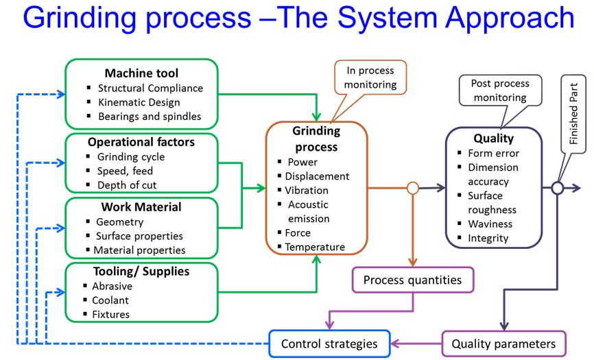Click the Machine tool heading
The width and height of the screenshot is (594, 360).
point(141,73)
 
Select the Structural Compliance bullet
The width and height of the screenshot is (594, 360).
point(150,88)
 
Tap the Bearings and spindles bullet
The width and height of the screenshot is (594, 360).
point(150,116)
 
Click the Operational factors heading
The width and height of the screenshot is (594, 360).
point(141,143)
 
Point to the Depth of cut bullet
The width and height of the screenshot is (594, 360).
point(128,185)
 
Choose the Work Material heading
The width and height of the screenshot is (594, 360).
point(141,207)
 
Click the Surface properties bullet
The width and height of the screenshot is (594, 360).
point(139,236)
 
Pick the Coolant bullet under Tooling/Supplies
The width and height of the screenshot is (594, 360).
point(110,300)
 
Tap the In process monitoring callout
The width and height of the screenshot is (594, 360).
point(371,77)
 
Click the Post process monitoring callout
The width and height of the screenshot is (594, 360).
point(500,91)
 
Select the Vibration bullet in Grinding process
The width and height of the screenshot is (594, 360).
point(307,190)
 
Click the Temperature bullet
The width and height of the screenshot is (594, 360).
point(315,247)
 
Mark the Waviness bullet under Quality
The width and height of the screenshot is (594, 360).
point(490,224)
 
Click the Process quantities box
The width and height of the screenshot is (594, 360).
point(412,280)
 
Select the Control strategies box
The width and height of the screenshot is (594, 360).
point(329,344)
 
